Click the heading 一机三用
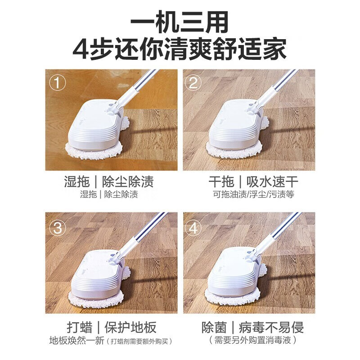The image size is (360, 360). (x=180, y=22)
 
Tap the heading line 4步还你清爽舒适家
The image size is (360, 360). (x=180, y=49)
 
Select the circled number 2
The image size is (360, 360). (x=194, y=82)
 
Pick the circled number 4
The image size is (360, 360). (x=194, y=228)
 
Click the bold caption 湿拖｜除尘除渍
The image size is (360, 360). (x=109, y=182)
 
